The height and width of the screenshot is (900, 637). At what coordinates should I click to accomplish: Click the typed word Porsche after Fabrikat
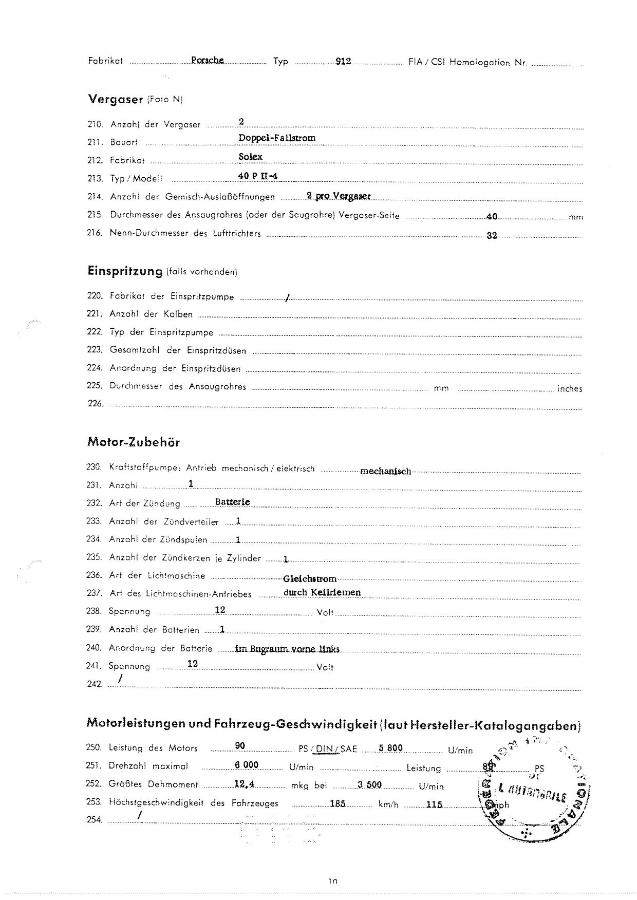coord(207,60)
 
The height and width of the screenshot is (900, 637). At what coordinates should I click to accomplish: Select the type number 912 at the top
coord(343,61)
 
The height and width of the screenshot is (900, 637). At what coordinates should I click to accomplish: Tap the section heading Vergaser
coord(115,100)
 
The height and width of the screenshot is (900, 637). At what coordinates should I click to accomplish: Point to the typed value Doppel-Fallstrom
coord(277,138)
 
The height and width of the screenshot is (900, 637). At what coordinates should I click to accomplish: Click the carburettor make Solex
coord(250,157)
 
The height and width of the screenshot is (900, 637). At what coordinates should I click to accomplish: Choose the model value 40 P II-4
coord(258,176)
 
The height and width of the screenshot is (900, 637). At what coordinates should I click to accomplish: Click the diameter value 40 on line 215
coord(492,216)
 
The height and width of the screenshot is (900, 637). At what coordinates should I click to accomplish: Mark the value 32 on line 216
coord(492,236)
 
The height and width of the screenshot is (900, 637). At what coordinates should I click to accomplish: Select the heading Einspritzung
coord(125,271)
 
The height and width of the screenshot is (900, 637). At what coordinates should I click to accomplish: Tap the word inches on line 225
coord(570,389)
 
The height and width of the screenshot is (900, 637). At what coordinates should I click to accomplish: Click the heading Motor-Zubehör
coord(134,442)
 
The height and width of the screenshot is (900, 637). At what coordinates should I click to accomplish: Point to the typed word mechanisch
coord(385,471)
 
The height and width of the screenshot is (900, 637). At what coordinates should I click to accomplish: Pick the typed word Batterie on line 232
coord(233,502)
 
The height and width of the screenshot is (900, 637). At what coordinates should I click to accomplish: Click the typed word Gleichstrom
coord(309,579)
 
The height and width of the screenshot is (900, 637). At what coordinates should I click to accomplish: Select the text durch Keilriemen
coord(322,592)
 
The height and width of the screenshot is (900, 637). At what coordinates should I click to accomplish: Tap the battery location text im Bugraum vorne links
coord(287,649)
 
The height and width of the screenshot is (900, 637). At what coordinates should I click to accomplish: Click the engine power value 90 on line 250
coord(240,746)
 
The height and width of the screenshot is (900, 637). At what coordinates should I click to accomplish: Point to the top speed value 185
coord(337,804)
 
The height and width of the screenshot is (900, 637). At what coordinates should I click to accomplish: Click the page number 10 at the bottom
coord(332,882)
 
